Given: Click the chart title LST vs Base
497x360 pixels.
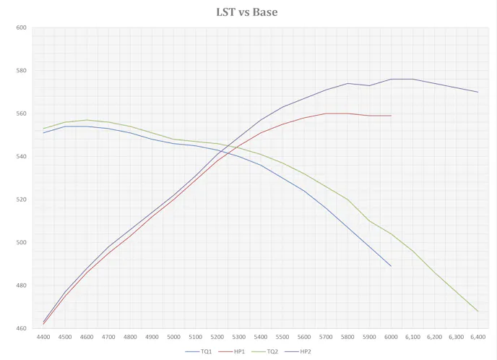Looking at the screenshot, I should click(247, 12).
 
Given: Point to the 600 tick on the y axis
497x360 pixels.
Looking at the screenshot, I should click(21, 27).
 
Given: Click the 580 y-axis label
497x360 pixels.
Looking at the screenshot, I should click(21, 71).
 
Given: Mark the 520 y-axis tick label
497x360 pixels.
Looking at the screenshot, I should click(21, 200).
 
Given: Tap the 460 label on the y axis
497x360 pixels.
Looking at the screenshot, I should click(21, 328).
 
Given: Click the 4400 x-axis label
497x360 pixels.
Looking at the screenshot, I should click(43, 337).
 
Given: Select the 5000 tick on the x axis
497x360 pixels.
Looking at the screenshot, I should click(173, 337).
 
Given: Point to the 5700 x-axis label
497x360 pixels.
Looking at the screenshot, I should click(326, 337).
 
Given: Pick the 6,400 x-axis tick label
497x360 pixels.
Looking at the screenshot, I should click(477, 337).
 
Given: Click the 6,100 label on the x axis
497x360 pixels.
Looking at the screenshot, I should click(412, 337).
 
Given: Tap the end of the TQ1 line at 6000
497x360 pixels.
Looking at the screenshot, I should click(391, 266).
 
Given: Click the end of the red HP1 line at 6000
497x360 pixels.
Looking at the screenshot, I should click(391, 116).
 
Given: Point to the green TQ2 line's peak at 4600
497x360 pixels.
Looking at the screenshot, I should click(87, 120).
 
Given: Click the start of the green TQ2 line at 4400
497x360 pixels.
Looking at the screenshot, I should click(43, 129).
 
